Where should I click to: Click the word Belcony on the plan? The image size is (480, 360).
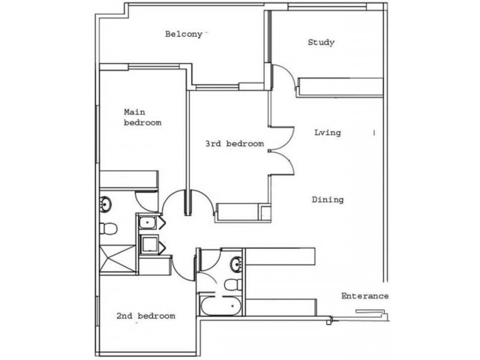tap(184, 34)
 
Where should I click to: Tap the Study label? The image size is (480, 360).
tap(321, 43)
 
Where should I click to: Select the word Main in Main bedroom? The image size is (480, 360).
tap(135, 112)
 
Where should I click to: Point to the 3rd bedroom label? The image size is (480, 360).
tap(235, 144)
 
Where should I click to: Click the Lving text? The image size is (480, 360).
tap(327, 133)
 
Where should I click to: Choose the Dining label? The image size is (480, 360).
tap(328, 200)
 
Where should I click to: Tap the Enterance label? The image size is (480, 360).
tap(365, 296)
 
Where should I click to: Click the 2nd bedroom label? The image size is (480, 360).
tap(146, 316)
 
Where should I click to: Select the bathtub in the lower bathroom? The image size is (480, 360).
tap(221, 305)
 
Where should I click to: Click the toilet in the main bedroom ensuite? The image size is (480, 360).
tap(109, 229)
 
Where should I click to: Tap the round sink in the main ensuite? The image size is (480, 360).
tap(106, 205)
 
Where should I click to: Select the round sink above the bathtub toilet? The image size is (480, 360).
tap(236, 263)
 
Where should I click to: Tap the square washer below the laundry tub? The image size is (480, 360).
tap(148, 244)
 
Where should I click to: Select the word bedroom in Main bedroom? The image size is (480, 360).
tap(142, 123)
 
